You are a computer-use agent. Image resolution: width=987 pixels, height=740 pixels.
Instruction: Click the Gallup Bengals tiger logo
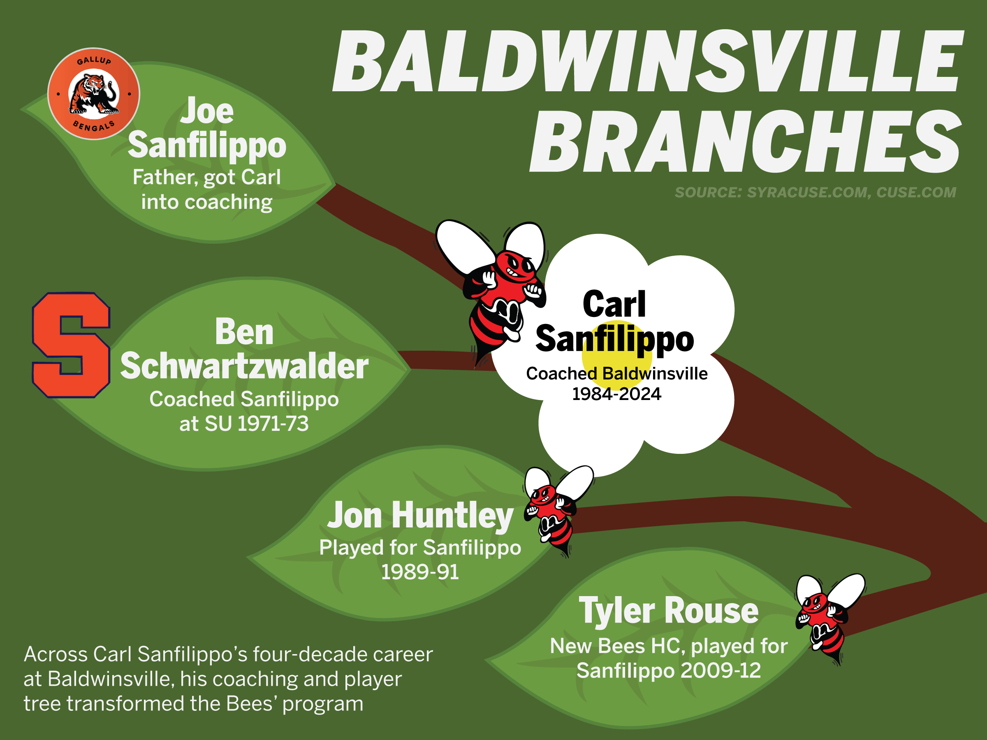(94, 94)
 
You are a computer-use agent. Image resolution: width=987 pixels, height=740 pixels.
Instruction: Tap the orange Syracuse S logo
(71, 345)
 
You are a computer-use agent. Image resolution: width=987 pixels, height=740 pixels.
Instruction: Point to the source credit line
(815, 192)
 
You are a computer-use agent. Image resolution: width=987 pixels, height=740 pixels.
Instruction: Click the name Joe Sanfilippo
(207, 128)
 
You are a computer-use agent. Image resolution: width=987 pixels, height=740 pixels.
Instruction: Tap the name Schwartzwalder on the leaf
(245, 366)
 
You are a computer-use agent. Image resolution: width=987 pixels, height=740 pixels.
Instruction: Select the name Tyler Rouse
(668, 610)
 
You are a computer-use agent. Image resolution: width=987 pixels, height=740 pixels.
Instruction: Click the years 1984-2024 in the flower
(616, 394)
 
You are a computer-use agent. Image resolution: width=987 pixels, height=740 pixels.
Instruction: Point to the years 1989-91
(420, 572)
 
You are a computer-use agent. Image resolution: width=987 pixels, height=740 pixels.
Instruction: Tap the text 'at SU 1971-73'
(244, 423)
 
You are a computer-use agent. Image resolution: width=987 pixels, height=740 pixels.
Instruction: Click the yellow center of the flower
(617, 356)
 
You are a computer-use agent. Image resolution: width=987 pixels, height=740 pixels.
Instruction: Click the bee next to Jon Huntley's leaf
(556, 509)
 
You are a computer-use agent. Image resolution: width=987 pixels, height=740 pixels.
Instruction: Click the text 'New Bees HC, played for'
(669, 646)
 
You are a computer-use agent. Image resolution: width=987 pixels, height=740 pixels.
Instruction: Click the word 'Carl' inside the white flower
(614, 304)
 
